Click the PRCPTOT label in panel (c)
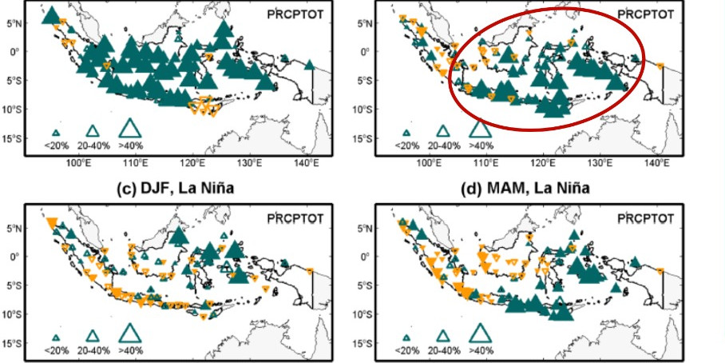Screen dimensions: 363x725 pyautogui.click(x=293, y=218)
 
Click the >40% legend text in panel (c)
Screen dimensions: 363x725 pyautogui.click(x=131, y=350)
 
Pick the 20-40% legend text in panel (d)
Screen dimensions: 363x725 pyautogui.click(x=442, y=350)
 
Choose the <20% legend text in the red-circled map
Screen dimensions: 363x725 pyautogui.click(x=406, y=146)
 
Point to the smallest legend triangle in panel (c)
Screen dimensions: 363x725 pyautogui.click(x=56, y=337)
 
